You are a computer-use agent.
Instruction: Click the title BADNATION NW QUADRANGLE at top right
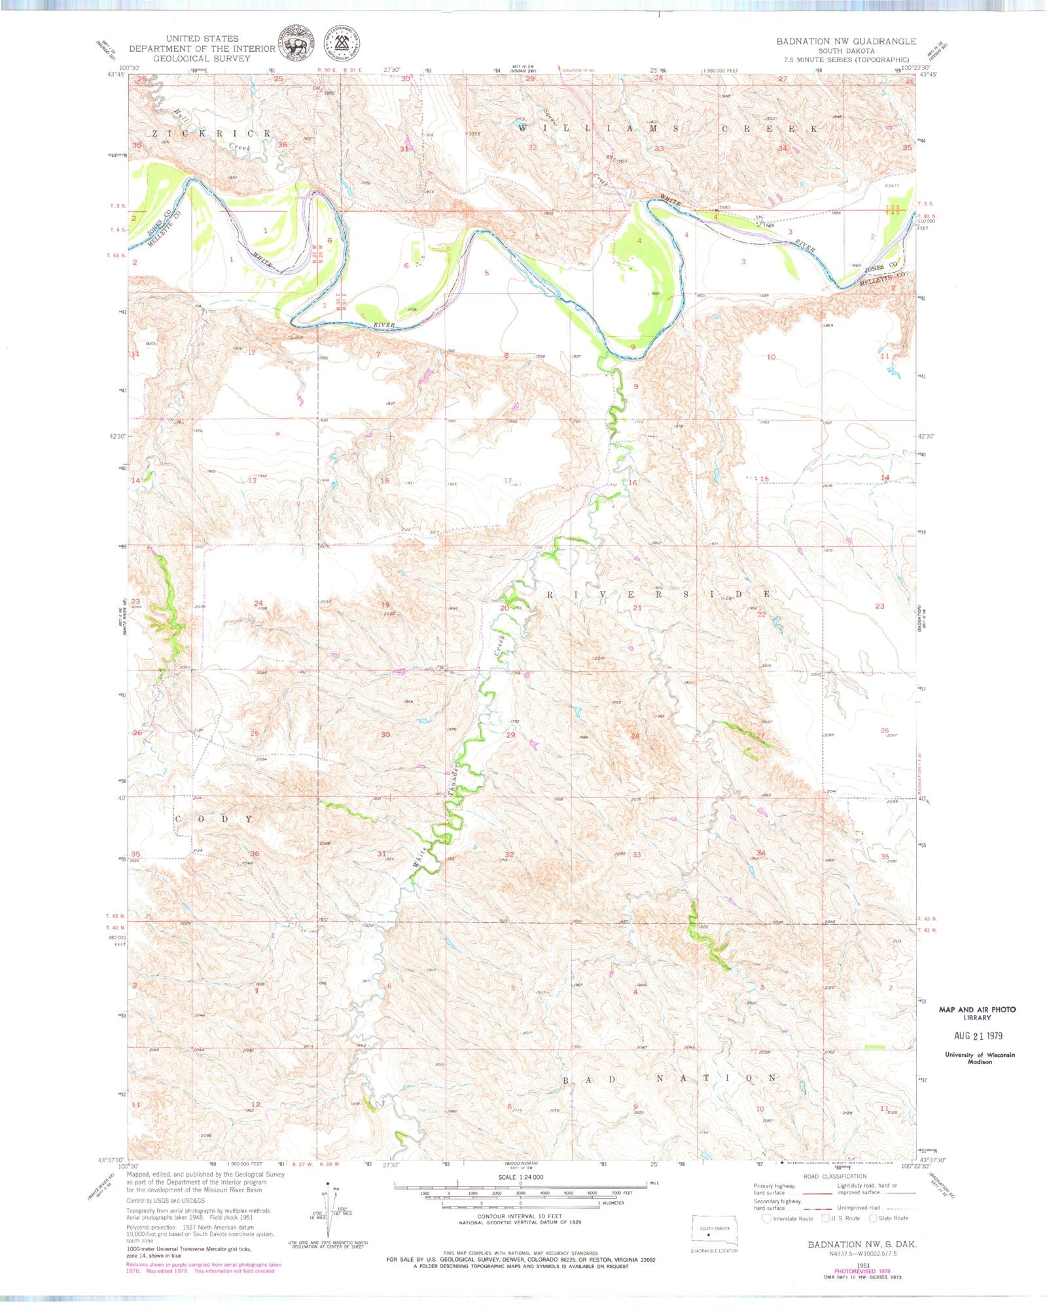point(846,41)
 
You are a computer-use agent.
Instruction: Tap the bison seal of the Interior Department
point(296,44)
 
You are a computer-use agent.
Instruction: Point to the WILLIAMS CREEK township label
point(667,129)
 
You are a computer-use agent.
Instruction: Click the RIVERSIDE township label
point(658,594)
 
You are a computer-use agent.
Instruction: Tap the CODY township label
point(213,819)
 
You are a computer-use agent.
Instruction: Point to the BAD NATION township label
point(670,1078)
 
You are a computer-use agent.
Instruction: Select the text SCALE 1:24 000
point(520,1177)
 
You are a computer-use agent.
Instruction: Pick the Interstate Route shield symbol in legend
point(766,1218)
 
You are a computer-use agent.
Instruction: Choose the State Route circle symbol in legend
point(872,1218)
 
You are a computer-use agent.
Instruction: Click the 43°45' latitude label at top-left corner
point(116,75)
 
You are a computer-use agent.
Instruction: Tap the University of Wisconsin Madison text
point(980,1058)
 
